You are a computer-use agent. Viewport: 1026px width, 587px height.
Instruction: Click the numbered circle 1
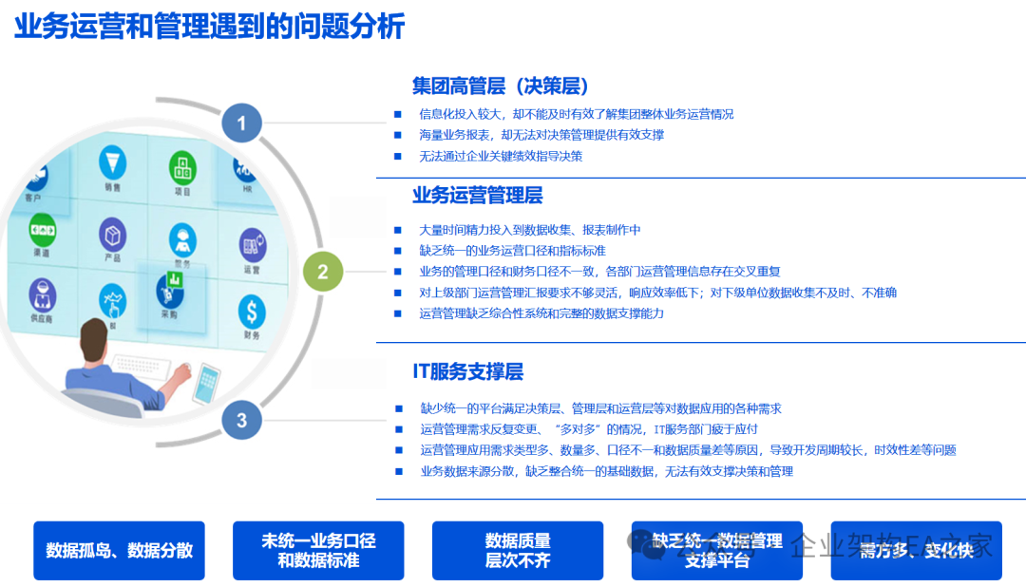[x=241, y=123]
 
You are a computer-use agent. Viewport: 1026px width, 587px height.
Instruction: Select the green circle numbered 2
[x=323, y=273]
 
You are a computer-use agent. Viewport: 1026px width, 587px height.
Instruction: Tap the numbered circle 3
[x=241, y=420]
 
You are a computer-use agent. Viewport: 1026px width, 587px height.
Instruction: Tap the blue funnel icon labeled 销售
[x=113, y=164]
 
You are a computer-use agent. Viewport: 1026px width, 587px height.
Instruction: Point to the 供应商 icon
[x=41, y=293]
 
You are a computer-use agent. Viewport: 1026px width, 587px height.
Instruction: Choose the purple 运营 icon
[x=252, y=245]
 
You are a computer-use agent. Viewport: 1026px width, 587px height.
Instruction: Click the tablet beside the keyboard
[x=206, y=382]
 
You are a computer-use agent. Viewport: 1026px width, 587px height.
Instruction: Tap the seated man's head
[x=99, y=339]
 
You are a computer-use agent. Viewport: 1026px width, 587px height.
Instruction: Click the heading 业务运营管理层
[x=477, y=196]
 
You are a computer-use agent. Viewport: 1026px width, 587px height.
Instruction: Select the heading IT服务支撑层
[x=467, y=371]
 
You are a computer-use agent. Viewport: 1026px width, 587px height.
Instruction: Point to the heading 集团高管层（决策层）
[x=501, y=85]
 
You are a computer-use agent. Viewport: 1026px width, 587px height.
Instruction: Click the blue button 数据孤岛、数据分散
[x=119, y=550]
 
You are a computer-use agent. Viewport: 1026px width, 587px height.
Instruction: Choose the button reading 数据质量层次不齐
[x=518, y=550]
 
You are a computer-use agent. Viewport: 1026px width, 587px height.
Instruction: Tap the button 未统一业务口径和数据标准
[x=318, y=550]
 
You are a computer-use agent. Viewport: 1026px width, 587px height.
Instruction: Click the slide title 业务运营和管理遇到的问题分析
[x=209, y=26]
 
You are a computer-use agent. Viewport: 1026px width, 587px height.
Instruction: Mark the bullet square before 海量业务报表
[x=398, y=135]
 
